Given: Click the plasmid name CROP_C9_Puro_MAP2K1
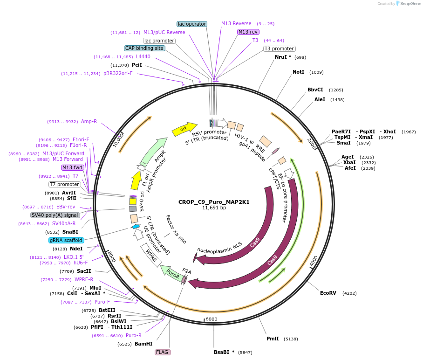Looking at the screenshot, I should pyautogui.click(x=214, y=202).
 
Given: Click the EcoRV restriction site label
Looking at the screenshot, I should pyautogui.click(x=328, y=293).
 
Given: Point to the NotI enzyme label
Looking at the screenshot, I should pyautogui.click(x=298, y=72).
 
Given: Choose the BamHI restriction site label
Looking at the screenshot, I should pyautogui.click(x=144, y=344).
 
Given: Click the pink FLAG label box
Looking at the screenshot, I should pyautogui.click(x=162, y=352).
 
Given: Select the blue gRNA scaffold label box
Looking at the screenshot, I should pyautogui.click(x=66, y=240).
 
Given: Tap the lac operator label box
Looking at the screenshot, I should pyautogui.click(x=192, y=24).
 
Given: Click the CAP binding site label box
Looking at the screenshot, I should pyautogui.click(x=144, y=48).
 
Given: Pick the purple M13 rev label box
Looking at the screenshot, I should pyautogui.click(x=248, y=32).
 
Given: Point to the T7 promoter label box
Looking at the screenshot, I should pyautogui.click(x=65, y=184).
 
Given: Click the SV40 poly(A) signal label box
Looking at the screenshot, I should pyautogui.click(x=55, y=215).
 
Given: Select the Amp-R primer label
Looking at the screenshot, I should pyautogui.click(x=89, y=122).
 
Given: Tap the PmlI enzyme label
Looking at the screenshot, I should pyautogui.click(x=273, y=339).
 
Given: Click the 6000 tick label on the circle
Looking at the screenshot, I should pyautogui.click(x=211, y=319).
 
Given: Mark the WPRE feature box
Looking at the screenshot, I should pyautogui.click(x=151, y=256).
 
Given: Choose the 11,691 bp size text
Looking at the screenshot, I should pyautogui.click(x=214, y=208).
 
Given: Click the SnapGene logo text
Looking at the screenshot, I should pyautogui.click(x=410, y=4).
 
